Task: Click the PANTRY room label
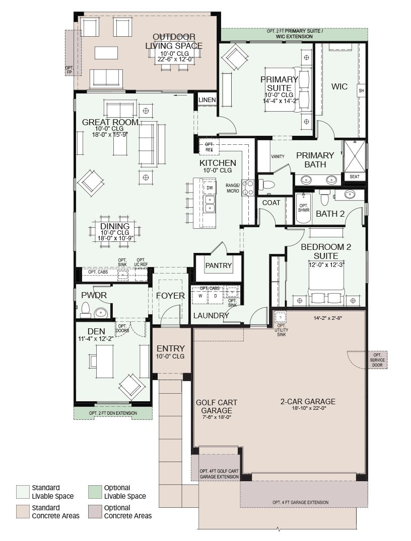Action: tap(218, 265)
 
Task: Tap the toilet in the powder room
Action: tap(86, 310)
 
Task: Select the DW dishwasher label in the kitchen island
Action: tap(210, 188)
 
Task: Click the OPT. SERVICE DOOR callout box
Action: tap(377, 360)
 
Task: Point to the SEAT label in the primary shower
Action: tap(354, 176)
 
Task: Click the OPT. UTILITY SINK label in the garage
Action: tap(282, 330)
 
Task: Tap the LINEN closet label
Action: tap(207, 100)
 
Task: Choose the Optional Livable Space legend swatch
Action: tap(94, 492)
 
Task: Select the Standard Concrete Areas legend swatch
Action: tap(23, 512)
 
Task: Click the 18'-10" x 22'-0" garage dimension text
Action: tap(309, 408)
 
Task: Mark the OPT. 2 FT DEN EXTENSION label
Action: tap(113, 413)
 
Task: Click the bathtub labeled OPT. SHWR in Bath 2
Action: tap(304, 208)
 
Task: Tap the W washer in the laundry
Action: tap(200, 296)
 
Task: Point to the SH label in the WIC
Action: tap(361, 91)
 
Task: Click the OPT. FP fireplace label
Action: tap(69, 70)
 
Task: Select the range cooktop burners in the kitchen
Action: tap(248, 188)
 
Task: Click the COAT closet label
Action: tap(271, 203)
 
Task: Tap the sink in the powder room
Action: tap(100, 313)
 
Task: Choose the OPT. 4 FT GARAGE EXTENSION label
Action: tap(300, 502)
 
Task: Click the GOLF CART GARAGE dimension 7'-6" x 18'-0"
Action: tap(217, 417)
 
